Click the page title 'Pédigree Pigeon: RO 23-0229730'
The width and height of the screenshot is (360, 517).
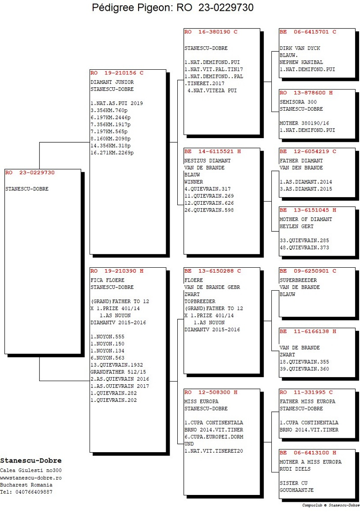click(x=173, y=8)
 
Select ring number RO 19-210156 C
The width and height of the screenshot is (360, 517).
click(x=117, y=73)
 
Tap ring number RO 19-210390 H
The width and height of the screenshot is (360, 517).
click(x=117, y=271)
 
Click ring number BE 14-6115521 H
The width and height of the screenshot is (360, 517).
click(x=213, y=151)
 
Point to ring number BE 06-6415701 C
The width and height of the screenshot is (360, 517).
click(x=308, y=32)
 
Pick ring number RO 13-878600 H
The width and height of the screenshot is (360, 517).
click(x=306, y=93)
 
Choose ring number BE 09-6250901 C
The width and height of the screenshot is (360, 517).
click(x=308, y=271)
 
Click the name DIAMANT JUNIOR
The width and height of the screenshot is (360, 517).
click(x=112, y=82)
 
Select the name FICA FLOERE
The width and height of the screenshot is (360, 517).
click(x=108, y=280)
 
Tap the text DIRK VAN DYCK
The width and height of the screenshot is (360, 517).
click(x=300, y=48)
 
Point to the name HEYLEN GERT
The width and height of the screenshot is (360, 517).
click(x=297, y=226)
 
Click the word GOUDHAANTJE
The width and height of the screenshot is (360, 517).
click(x=297, y=490)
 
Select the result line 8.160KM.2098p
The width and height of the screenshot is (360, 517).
click(x=111, y=139)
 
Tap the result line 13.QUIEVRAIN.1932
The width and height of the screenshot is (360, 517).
click(x=117, y=365)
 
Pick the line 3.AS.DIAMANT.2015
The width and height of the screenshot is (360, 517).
click(x=306, y=189)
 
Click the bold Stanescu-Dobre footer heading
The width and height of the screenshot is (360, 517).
click(x=31, y=461)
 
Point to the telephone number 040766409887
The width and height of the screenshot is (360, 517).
click(x=34, y=492)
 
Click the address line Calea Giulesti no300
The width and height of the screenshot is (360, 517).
click(x=31, y=471)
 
